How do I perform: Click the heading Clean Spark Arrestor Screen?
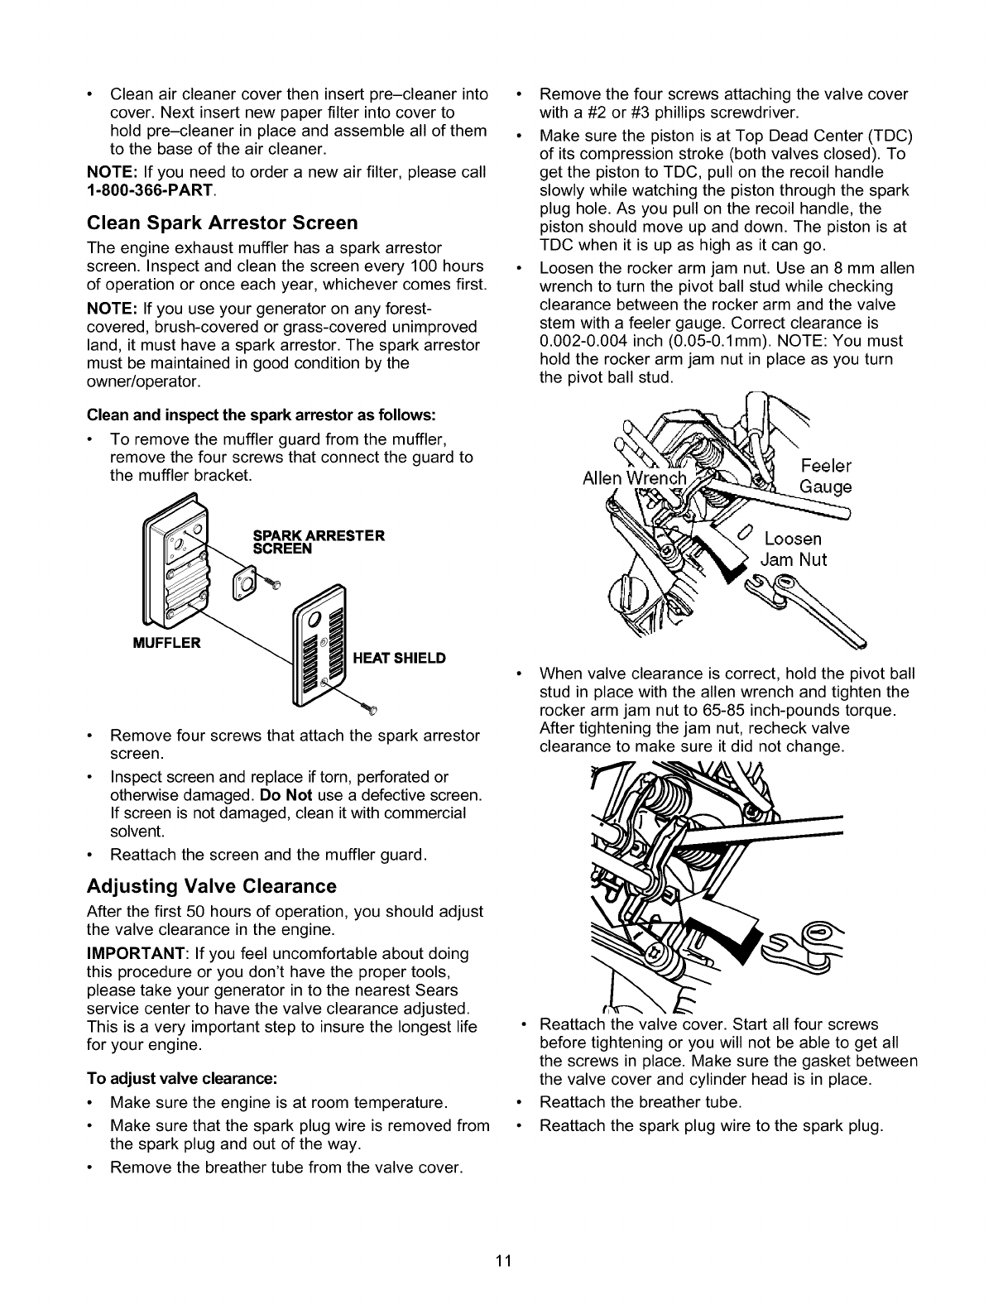pos(223,223)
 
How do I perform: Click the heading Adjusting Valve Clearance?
pos(212,886)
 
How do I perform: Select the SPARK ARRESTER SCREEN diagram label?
pos(317,541)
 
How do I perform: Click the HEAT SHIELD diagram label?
pos(399,658)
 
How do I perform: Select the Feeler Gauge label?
pos(826,476)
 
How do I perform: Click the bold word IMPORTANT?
pos(132,953)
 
